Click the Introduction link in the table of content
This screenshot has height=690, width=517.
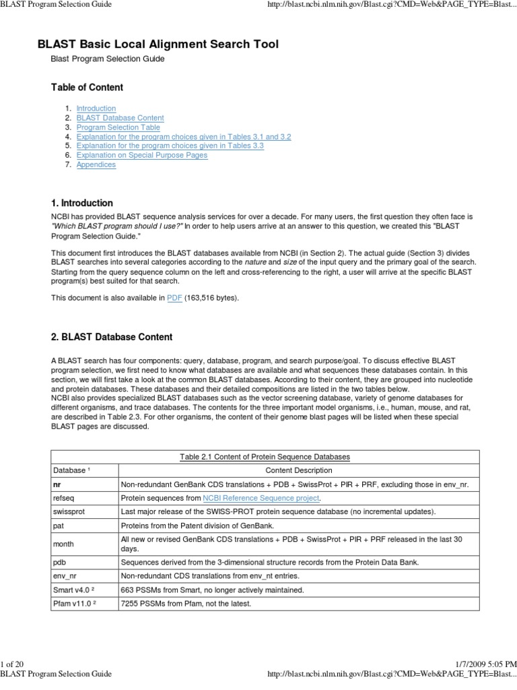96,108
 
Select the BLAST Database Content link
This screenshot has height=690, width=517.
120,118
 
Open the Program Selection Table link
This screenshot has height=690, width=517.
118,127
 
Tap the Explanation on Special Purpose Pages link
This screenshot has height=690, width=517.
141,155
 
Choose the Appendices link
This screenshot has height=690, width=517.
96,164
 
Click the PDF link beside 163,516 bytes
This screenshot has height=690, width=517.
174,298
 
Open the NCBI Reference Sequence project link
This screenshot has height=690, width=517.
261,498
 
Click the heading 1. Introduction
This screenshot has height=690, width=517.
82,203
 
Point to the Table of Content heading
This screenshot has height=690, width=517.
87,88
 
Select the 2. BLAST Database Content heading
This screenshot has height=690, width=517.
112,337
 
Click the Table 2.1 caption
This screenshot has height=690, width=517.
265,457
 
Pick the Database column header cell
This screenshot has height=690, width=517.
69,470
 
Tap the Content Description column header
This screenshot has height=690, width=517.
298,470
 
